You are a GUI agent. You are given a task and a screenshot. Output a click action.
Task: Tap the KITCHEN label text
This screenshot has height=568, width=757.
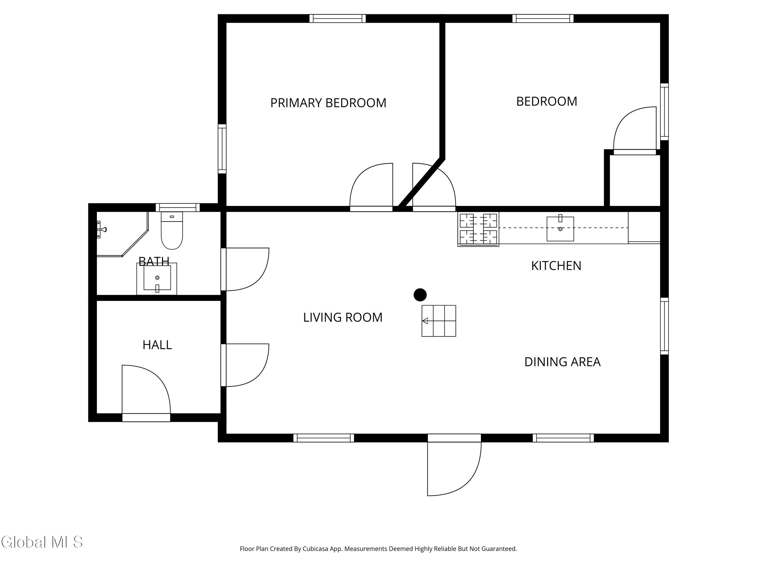coord(556,266)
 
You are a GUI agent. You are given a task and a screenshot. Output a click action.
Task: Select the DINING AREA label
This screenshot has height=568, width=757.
coord(562,362)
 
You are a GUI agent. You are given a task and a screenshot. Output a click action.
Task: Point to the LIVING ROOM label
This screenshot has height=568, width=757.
coord(343,317)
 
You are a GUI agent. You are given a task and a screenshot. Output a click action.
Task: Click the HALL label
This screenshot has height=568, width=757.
coord(157,345)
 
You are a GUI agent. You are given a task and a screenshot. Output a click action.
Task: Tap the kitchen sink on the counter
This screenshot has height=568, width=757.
coord(560,229)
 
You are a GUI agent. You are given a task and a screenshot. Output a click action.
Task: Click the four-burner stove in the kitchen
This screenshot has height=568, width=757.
coord(478,229)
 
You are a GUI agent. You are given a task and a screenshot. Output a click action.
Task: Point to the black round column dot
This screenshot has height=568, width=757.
coord(420,295)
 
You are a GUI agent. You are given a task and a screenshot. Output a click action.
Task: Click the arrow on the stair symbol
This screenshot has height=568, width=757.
coord(425,321)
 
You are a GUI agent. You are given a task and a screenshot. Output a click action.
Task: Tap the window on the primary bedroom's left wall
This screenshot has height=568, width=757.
coord(222,149)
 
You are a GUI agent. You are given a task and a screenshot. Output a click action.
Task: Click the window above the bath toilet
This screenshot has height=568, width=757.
coord(178,208)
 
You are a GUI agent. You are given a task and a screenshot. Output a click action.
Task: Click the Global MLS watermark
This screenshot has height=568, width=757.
coord(42,542)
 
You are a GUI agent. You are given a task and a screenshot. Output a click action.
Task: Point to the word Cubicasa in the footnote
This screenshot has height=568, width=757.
coord(315,549)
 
